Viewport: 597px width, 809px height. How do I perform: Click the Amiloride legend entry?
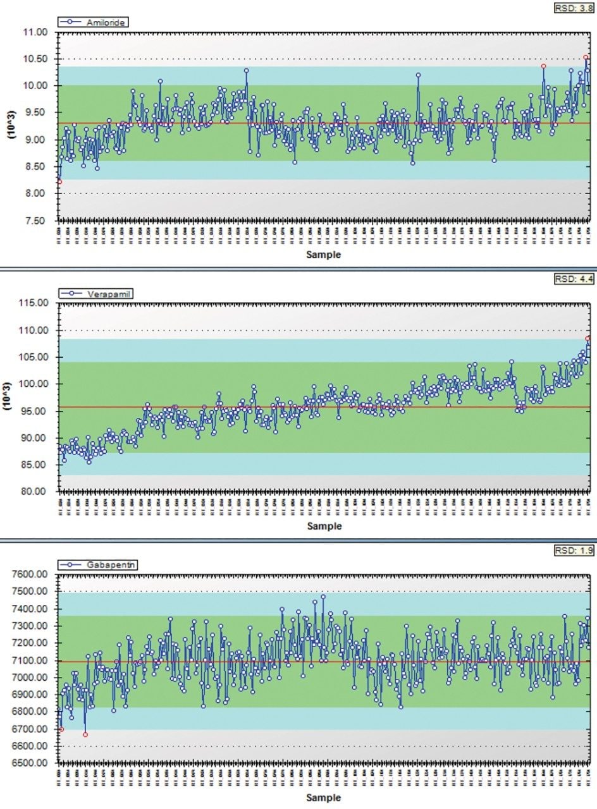(x=94, y=22)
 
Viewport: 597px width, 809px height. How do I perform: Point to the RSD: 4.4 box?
(x=574, y=279)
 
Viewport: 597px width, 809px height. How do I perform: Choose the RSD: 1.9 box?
(x=574, y=550)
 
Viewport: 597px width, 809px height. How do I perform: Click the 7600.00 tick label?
(x=30, y=575)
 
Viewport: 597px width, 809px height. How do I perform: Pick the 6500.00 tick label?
(x=30, y=763)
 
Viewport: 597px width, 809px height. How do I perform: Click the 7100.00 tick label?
(x=30, y=660)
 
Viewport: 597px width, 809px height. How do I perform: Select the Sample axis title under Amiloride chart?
(x=324, y=255)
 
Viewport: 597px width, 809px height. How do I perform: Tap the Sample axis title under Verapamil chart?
(x=324, y=526)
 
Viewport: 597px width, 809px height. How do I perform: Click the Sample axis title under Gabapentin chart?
(x=324, y=798)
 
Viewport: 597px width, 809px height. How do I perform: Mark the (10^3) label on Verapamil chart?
(x=10, y=397)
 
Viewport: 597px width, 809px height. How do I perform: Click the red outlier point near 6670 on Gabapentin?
(x=85, y=734)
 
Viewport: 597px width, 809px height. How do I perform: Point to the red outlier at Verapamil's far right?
(x=588, y=338)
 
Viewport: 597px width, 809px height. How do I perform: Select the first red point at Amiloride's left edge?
(x=59, y=182)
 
